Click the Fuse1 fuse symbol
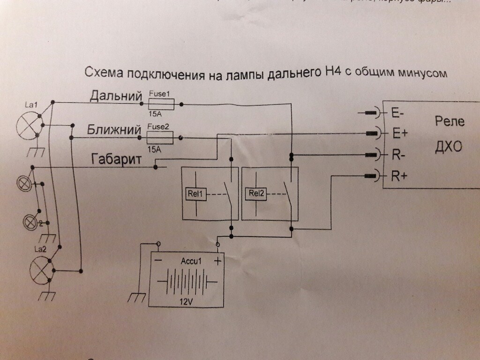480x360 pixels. click(161, 103)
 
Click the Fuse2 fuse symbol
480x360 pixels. click(160, 137)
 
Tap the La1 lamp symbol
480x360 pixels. click(29, 126)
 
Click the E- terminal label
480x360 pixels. click(398, 113)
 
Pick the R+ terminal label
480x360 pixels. click(399, 176)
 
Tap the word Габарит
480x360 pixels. click(116, 160)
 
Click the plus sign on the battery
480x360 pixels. click(217, 262)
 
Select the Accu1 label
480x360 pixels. click(190, 261)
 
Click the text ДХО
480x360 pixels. click(449, 147)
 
